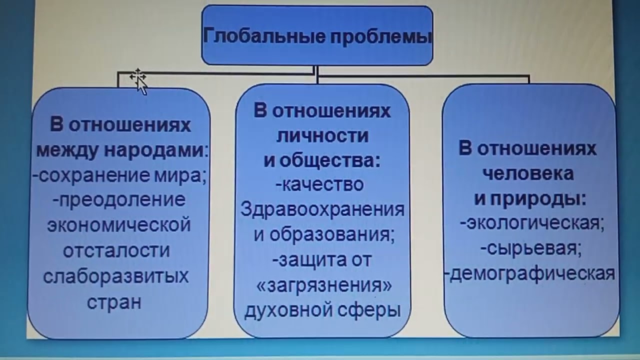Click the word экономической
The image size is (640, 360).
coord(119,225)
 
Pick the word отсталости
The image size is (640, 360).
coord(116,250)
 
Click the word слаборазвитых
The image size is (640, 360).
coord(116,276)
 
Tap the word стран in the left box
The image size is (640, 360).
coord(114,302)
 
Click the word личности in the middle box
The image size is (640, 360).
coord(322,135)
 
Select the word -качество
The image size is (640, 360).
coord(319,184)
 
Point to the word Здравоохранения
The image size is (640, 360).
coord(322,209)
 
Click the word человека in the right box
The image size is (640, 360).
coord(528,173)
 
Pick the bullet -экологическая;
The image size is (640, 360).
coord(531,223)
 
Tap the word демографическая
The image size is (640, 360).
coord(532,274)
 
